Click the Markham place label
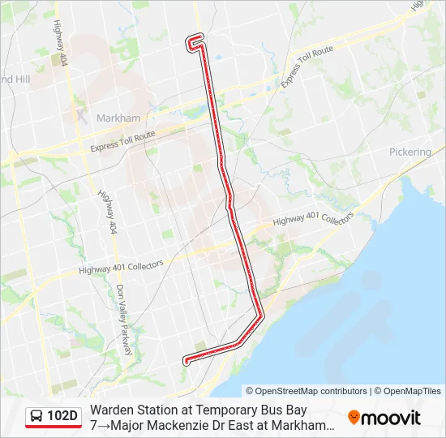coord(118,118)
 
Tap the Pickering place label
coord(410,152)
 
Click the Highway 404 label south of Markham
coord(106,212)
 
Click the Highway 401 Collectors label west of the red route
coord(122,266)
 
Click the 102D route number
coord(62,417)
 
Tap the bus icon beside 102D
coord(36,417)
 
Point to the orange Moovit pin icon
coord(354,418)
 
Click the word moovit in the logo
coord(391,418)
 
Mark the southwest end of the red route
coord(187,361)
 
